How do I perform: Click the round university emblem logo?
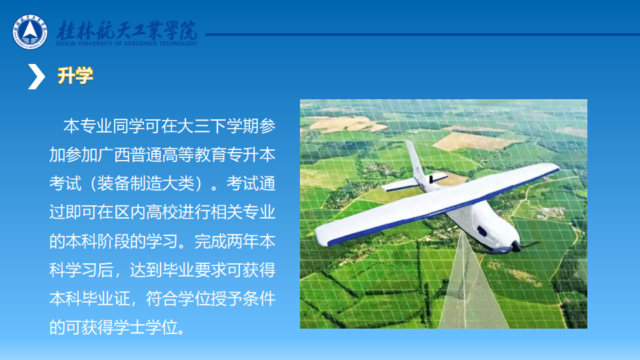click(x=30, y=32)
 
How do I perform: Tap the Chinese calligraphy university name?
click(x=127, y=30)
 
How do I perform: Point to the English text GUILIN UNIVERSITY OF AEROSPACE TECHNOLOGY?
click(x=127, y=44)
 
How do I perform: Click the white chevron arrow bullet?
click(x=36, y=76)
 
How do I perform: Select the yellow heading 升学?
click(x=75, y=75)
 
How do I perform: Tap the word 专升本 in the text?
click(x=251, y=155)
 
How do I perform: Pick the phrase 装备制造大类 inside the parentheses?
click(x=146, y=184)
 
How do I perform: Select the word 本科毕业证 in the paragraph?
click(x=89, y=299)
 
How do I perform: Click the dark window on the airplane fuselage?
click(x=481, y=231)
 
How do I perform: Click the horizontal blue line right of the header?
click(x=423, y=35)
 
